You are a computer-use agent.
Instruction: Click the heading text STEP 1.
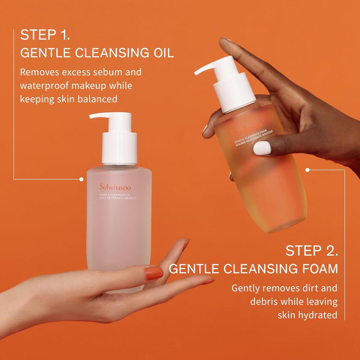pos(45,35)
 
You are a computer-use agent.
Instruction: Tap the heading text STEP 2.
pos(312,251)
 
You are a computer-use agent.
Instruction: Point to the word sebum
pos(107,72)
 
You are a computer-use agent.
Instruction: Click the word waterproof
pos(44,86)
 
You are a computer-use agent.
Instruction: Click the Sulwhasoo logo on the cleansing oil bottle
pos(115,187)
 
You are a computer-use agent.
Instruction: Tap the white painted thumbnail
pos(262,148)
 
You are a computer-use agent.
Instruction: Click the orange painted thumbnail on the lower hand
pos(154,273)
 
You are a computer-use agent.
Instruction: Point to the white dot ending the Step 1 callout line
pos(81,179)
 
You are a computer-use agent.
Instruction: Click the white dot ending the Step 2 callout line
pos(307,170)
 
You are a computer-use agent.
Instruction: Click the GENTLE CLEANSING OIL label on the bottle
pos(115,195)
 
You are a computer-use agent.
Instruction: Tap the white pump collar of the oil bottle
pos(120,148)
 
